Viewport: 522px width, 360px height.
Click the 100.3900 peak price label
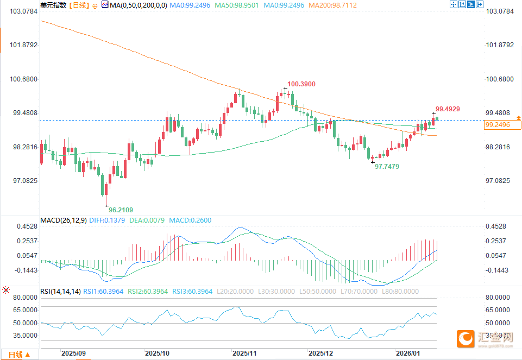click(x=301, y=84)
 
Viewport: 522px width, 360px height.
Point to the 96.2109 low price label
click(x=121, y=210)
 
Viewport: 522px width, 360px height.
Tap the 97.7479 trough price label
click(x=387, y=167)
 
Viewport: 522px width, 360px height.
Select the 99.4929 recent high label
click(x=448, y=109)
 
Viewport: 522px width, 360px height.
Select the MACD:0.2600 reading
click(x=190, y=220)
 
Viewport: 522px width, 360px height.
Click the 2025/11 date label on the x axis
click(x=244, y=353)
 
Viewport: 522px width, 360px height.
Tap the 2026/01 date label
click(x=408, y=353)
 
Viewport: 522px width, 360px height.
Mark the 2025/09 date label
click(x=73, y=353)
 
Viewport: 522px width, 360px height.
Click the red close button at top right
click(x=479, y=5)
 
